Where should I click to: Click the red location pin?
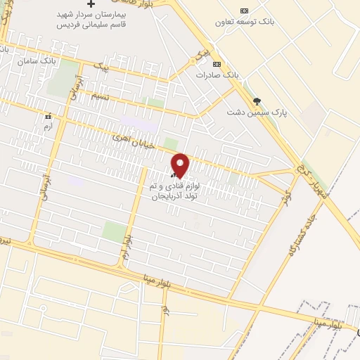pos(181,165)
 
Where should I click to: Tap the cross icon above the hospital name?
pos(90,5)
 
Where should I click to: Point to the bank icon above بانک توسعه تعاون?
pos(244,11)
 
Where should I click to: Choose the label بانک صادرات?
pos(214,74)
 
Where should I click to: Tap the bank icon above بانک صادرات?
pos(216,63)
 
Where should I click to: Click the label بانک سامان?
pos(39,62)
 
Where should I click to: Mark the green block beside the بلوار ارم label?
pos(113,231)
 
